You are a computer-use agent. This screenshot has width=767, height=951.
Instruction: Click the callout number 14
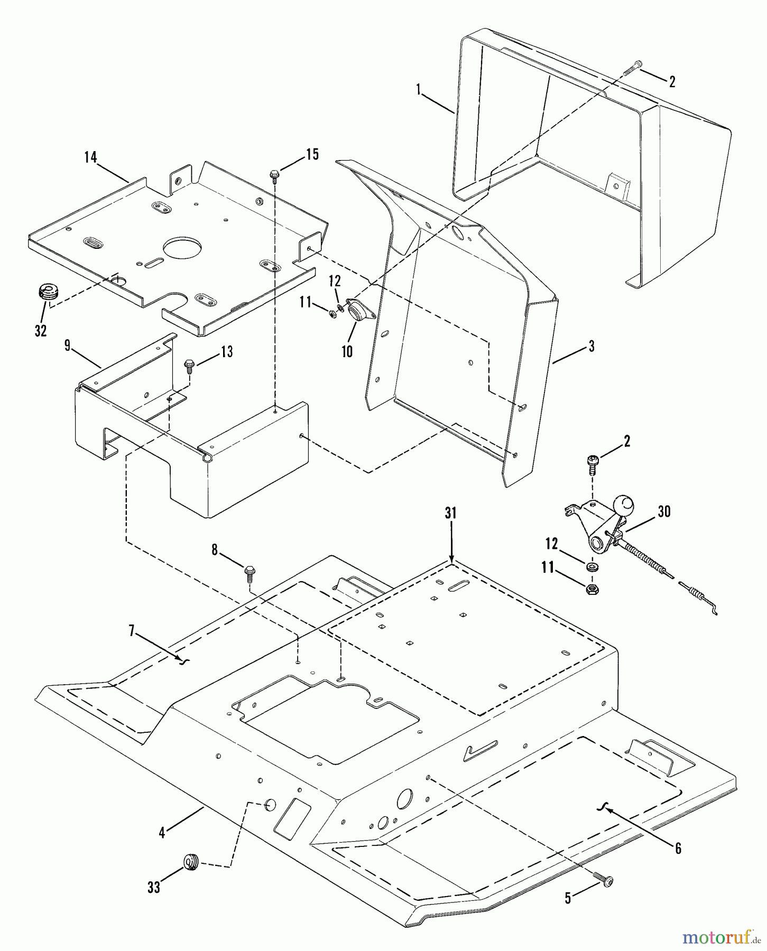pyautogui.click(x=91, y=157)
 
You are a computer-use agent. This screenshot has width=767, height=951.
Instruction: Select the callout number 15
pyautogui.click(x=312, y=154)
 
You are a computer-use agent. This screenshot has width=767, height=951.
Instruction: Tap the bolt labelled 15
pyautogui.click(x=274, y=174)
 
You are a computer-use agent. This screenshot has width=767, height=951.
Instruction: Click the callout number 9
pyautogui.click(x=67, y=346)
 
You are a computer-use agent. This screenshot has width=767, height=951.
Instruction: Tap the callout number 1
pyautogui.click(x=419, y=90)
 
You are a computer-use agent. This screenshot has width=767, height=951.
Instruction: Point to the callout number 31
pyautogui.click(x=450, y=512)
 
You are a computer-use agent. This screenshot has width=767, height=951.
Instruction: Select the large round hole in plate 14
pyautogui.click(x=182, y=247)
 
